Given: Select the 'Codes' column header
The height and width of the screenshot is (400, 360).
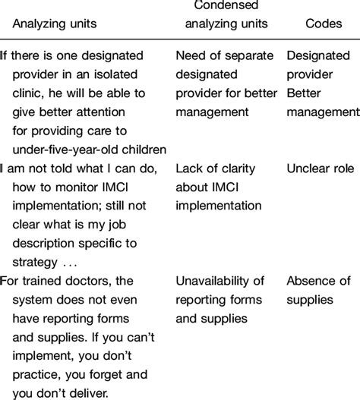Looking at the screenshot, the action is point(323,24).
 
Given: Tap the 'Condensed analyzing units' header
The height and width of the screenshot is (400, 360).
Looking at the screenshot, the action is point(221,15).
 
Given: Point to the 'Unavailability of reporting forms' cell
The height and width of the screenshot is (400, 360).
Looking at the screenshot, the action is point(223,290).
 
